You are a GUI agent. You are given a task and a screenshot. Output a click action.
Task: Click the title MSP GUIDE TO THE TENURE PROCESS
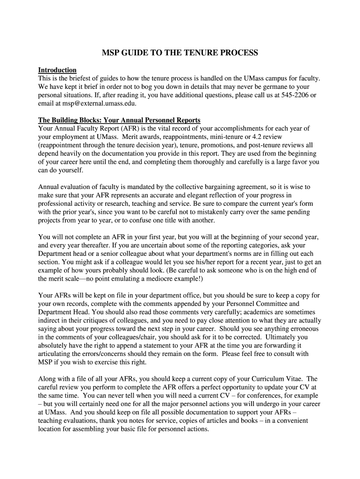tap(180, 53)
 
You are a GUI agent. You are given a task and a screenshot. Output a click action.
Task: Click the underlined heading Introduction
tap(57, 70)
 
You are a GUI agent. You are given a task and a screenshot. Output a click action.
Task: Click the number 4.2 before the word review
tap(256, 137)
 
